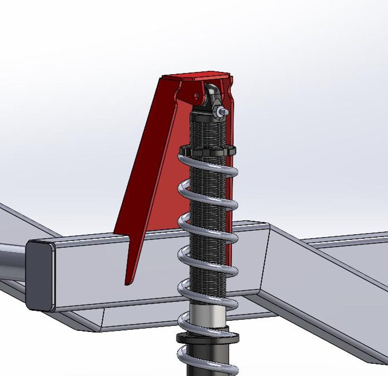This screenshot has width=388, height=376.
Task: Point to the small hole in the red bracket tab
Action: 197,96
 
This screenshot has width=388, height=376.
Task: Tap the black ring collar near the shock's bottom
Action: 208,337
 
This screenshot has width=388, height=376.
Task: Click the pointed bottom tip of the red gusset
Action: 128,281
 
